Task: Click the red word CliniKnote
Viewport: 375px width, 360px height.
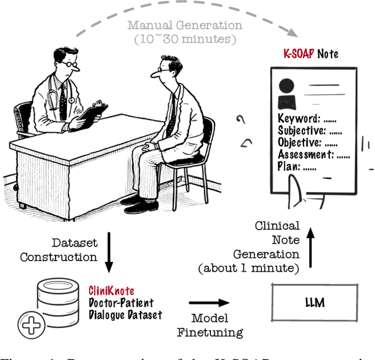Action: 111,291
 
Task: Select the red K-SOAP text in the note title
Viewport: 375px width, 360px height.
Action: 299,54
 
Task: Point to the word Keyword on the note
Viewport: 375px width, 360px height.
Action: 299,119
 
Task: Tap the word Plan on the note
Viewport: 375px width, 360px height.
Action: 288,166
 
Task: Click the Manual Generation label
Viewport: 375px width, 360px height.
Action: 185,26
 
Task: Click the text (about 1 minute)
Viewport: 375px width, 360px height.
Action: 250,268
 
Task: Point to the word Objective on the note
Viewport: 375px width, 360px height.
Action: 300,142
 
